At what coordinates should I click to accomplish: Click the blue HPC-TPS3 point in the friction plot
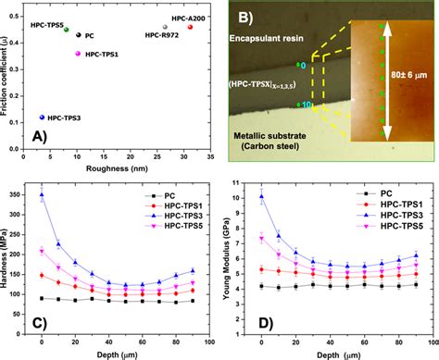(x=42, y=118)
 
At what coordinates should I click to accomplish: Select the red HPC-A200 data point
(x=190, y=27)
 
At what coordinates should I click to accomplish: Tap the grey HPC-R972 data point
(x=165, y=28)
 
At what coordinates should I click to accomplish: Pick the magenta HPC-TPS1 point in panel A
(x=79, y=56)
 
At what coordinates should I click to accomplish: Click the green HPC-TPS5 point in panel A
(x=67, y=30)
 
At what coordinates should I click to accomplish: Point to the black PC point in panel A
(x=79, y=35)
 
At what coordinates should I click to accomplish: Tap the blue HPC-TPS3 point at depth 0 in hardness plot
(x=42, y=195)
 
